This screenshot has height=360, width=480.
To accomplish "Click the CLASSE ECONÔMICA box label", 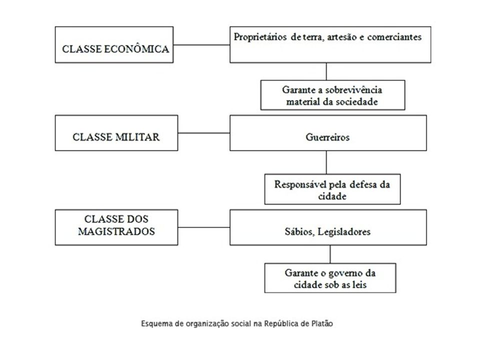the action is (x=115, y=49).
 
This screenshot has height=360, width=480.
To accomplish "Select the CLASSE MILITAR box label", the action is (x=116, y=137).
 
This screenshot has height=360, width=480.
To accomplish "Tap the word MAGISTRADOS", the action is (x=116, y=231).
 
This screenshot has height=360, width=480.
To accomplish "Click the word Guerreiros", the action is (x=327, y=137).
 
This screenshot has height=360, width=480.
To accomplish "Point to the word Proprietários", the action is (x=260, y=37).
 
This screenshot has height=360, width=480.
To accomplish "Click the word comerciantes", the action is (x=394, y=37).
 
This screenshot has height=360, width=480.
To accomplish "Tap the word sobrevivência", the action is (x=353, y=89).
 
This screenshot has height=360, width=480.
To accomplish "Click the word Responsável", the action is (x=300, y=184).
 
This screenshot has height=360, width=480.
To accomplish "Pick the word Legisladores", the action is (x=344, y=231).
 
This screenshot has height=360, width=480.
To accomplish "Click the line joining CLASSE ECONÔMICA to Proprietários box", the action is (x=201, y=45).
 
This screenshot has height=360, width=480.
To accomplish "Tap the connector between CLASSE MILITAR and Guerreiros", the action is (x=204, y=133).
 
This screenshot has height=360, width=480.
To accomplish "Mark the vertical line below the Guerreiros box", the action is (x=326, y=162).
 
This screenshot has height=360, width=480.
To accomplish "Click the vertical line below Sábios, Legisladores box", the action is (x=330, y=254).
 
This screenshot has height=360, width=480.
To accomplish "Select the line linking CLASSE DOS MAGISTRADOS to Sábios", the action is (x=204, y=227).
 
